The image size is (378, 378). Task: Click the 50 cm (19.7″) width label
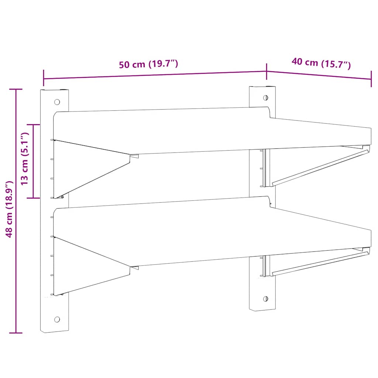click(x=148, y=64)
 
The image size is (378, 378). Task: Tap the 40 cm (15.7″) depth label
click(x=321, y=63)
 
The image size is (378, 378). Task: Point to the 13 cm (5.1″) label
click(x=25, y=159)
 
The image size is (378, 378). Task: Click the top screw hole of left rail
click(x=57, y=102)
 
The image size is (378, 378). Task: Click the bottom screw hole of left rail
click(x=57, y=319)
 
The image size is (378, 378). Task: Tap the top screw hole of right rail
click(x=265, y=98)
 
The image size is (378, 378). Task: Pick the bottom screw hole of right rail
click(x=265, y=298)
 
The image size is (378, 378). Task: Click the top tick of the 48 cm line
click(x=16, y=89)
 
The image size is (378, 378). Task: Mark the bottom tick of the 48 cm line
click(x=16, y=333)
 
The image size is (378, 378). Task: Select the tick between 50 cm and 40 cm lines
click(x=267, y=71)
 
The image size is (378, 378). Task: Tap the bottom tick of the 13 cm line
click(x=34, y=198)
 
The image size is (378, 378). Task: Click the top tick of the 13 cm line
click(x=34, y=125)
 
